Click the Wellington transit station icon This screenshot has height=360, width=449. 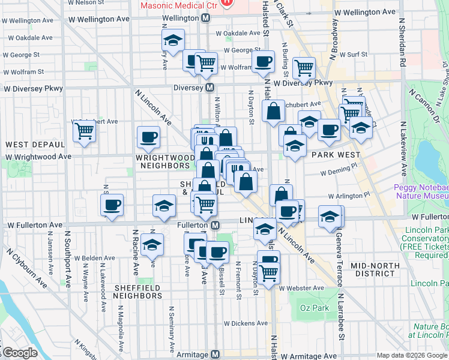coord(206,18)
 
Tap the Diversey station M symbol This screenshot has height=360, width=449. coord(210,88)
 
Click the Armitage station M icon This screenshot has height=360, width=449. coord(215,355)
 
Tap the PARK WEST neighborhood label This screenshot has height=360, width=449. coord(335,154)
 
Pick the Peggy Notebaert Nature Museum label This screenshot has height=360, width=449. coord(420,191)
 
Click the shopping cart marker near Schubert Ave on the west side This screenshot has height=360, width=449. coord(84,129)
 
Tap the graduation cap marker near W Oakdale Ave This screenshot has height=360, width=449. coord(173,40)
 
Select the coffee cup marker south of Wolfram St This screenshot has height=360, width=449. coord(262,61)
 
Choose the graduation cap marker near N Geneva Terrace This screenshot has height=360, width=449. coord(330,217)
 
